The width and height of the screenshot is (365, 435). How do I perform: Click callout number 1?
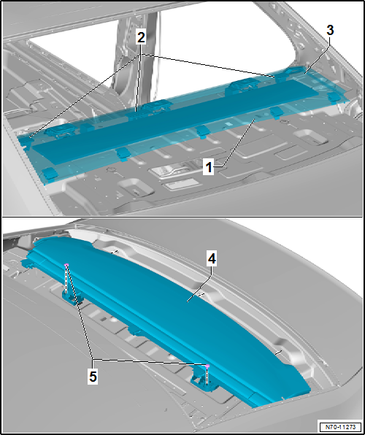click(208, 168)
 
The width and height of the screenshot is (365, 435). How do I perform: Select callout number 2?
click(141, 37)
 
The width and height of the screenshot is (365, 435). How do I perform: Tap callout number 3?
click(330, 30)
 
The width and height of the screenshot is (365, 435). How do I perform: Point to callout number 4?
click(212, 259)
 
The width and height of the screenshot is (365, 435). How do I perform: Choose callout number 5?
click(93, 377)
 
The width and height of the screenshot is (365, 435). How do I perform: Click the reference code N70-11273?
click(341, 426)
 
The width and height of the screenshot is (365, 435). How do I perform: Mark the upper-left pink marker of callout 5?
click(66, 265)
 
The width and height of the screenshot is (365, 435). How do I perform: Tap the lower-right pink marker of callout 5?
click(207, 366)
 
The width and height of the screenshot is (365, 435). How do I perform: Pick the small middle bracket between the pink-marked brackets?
click(135, 331)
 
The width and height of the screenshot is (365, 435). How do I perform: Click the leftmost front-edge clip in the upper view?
click(49, 174)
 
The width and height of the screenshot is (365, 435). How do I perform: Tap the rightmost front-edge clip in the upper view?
click(334, 97)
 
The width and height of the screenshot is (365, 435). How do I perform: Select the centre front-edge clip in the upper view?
click(202, 131)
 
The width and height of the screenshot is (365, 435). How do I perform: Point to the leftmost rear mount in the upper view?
click(61, 130)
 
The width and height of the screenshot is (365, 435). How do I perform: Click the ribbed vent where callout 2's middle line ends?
click(136, 115)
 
